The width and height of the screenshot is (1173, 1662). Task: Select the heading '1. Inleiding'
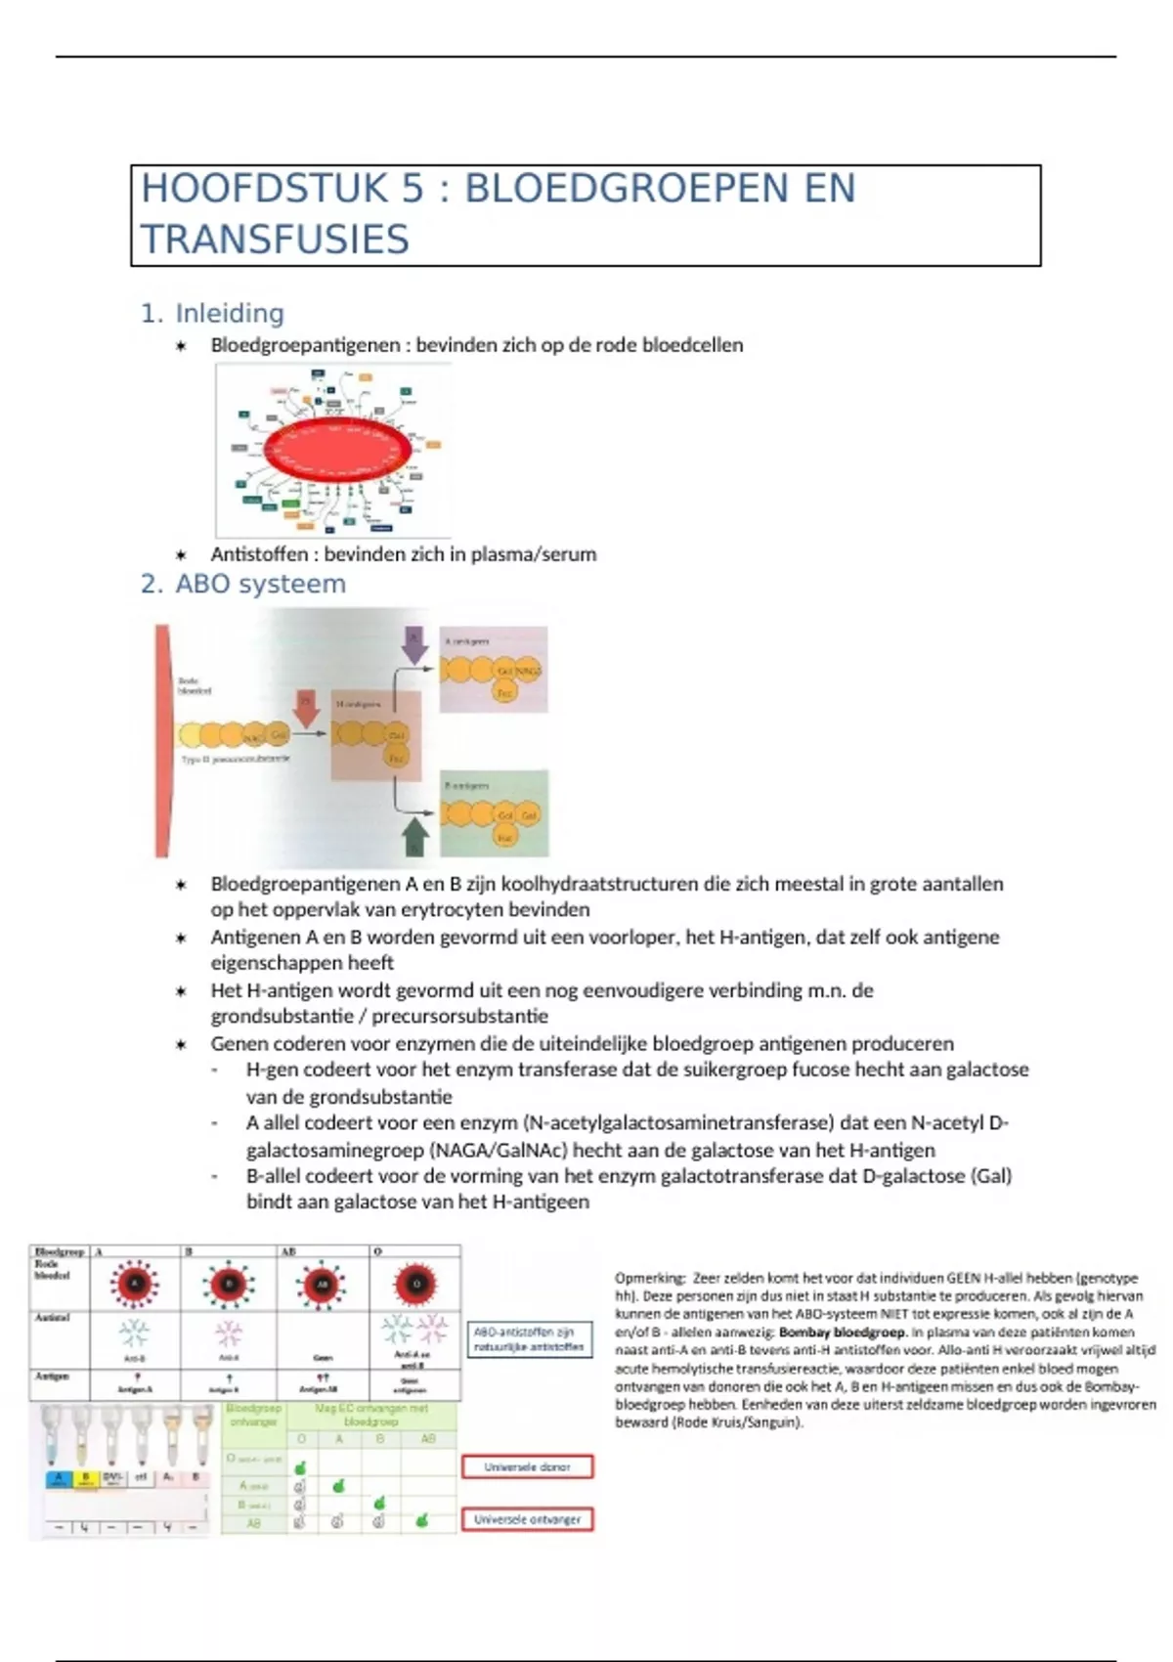point(212,313)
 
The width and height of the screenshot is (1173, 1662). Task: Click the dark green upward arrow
point(415,835)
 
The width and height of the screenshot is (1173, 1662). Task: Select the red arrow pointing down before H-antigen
point(307,707)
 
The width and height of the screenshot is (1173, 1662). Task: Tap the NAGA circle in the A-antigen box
point(527,672)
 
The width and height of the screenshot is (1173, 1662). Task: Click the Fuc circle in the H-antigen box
point(397,757)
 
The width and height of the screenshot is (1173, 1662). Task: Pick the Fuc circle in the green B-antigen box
point(504,838)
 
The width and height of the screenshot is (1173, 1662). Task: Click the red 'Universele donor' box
point(527,1466)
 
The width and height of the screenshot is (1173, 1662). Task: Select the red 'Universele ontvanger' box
point(527,1519)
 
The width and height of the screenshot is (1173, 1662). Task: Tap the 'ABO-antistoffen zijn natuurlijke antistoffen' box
point(529,1338)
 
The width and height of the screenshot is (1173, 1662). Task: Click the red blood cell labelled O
point(414,1285)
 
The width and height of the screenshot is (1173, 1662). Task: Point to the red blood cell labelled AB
point(321,1285)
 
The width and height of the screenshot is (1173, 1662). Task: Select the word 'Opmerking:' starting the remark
point(650,1278)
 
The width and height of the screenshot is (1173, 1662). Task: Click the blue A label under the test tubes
point(59,1477)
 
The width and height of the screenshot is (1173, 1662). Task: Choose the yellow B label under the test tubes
point(85,1477)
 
